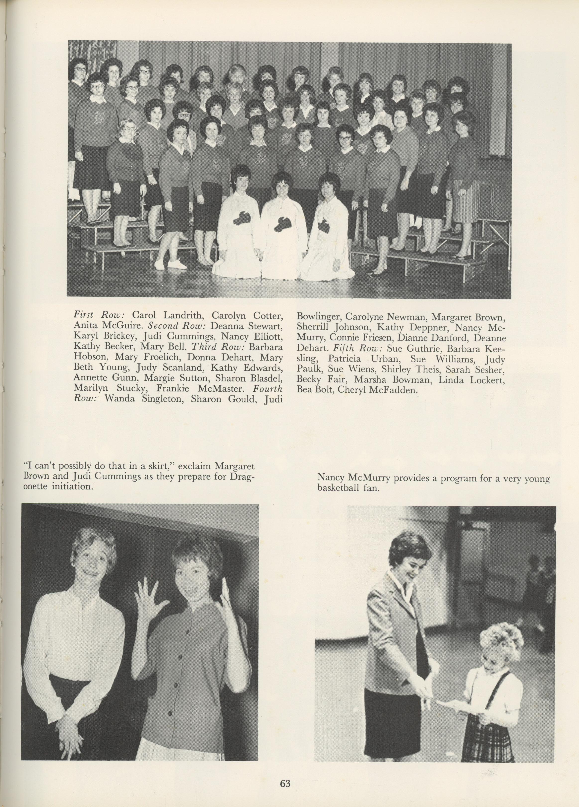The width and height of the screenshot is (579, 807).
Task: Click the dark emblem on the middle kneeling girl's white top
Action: [283, 224]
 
